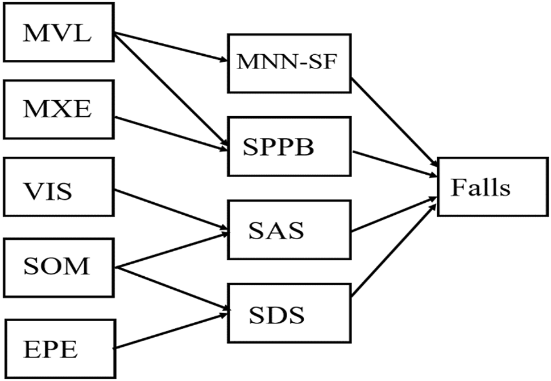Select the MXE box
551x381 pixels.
point(59,108)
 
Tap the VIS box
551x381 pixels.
point(59,188)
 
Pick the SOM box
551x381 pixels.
point(59,267)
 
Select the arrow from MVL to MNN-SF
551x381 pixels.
point(171,47)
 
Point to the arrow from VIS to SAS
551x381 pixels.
point(171,208)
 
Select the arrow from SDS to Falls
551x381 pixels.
point(392,248)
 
